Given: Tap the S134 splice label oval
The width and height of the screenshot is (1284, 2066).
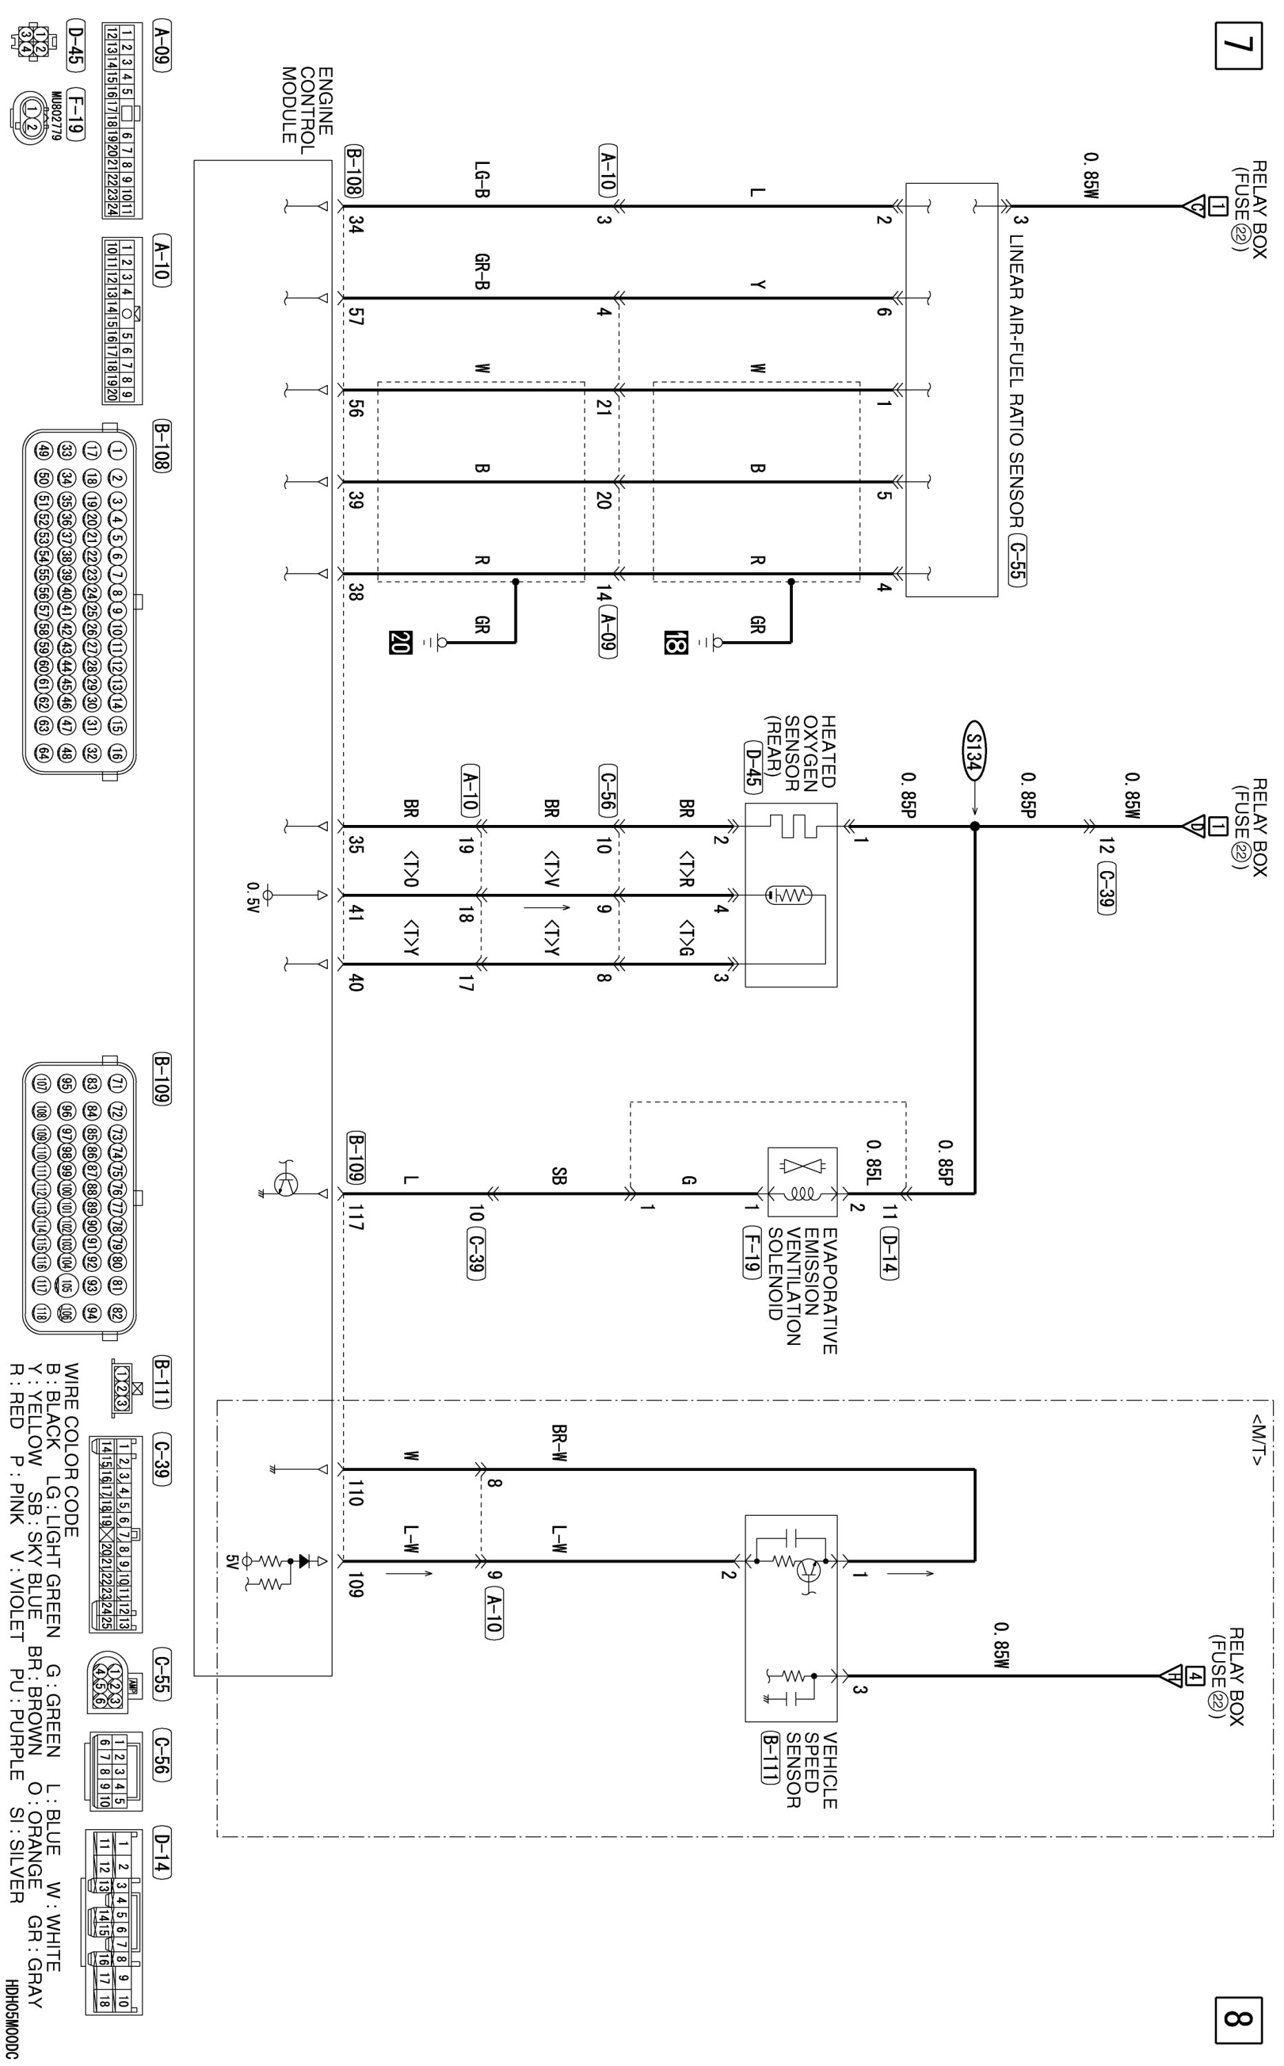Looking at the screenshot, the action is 973,751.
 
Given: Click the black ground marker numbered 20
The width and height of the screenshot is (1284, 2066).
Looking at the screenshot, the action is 399,643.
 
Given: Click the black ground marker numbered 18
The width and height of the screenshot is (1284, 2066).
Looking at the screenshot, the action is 675,643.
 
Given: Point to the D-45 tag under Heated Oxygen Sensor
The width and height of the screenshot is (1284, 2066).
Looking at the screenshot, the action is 752,767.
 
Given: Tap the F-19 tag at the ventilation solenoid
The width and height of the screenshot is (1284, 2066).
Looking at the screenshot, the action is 751,1252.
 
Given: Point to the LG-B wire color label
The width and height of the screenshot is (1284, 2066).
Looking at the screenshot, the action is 482,179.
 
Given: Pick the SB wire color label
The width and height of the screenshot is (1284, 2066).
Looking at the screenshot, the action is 559,1176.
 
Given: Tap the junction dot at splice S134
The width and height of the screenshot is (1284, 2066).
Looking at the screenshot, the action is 974,826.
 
